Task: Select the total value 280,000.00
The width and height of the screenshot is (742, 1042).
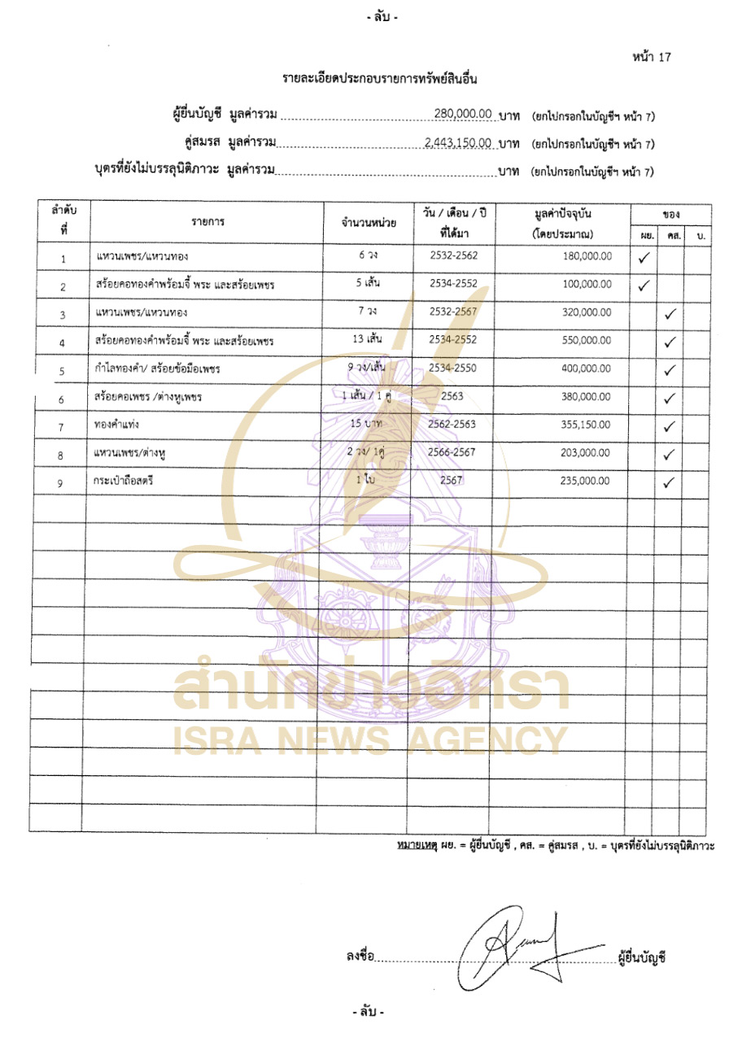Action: click(463, 115)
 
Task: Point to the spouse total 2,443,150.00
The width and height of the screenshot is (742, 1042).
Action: click(458, 143)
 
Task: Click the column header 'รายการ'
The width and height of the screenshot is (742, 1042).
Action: click(208, 221)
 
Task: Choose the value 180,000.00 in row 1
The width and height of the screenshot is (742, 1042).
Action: click(586, 255)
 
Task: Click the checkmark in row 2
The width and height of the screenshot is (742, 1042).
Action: click(643, 286)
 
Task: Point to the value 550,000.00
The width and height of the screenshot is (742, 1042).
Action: click(586, 341)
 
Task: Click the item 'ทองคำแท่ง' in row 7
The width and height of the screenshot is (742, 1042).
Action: click(119, 425)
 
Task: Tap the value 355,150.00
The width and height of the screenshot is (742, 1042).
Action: click(586, 425)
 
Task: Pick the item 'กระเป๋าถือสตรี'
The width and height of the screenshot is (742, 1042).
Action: click(124, 481)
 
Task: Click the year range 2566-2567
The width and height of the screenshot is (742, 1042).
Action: click(452, 452)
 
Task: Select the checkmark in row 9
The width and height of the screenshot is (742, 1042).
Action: click(670, 482)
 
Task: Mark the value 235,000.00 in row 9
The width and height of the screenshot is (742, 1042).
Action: click(586, 481)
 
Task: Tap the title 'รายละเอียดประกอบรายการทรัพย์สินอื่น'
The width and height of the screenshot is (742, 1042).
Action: click(378, 80)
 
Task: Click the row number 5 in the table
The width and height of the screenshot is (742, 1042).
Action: click(62, 371)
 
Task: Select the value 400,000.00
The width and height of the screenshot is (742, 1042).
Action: click(586, 368)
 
